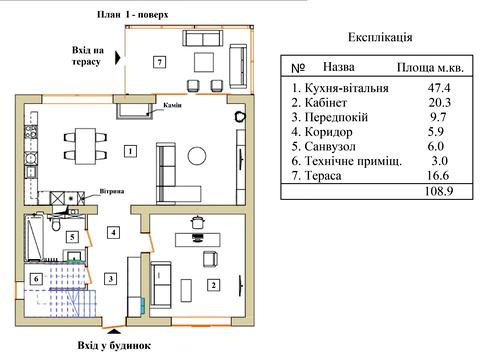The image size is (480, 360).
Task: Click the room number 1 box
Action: [x=130, y=151]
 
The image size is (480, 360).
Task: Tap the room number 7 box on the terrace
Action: [x=160, y=62]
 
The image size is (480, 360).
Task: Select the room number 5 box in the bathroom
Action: [x=72, y=237]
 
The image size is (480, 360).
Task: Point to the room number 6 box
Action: [x=36, y=278]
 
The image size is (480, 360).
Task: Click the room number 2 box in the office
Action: [x=213, y=285]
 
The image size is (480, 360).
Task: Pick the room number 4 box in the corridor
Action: [x=113, y=232]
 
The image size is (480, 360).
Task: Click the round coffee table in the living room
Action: [x=197, y=156]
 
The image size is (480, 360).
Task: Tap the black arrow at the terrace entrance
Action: [x=118, y=57]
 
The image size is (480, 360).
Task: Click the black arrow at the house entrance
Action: [x=114, y=331]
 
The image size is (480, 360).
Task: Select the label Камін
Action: [x=172, y=105]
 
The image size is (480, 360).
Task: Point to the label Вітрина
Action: [x=112, y=191]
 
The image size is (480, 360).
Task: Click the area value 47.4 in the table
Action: [x=439, y=88]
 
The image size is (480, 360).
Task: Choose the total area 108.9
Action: [x=439, y=191]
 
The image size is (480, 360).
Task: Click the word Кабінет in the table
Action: [x=326, y=102]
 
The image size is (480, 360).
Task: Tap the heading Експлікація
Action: [x=380, y=37]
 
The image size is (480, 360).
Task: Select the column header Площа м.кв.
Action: [x=430, y=68]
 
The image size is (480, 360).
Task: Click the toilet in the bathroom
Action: [x=56, y=223]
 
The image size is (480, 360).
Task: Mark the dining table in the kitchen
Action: [x=85, y=146]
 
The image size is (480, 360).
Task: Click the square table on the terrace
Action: [x=204, y=62]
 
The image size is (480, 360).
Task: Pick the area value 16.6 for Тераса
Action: [x=438, y=175]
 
